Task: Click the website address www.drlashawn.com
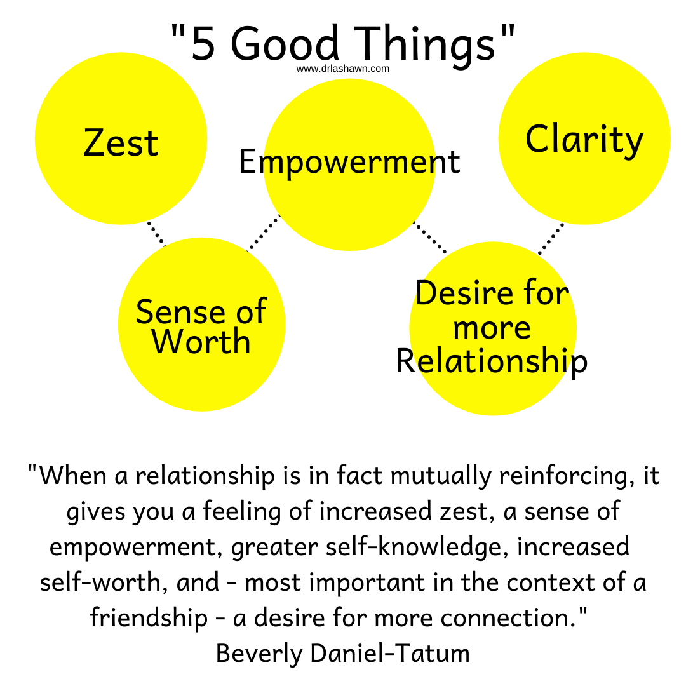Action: [x=342, y=69]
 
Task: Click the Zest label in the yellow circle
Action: [x=121, y=142]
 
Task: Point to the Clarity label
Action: [x=584, y=140]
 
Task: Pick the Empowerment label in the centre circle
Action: [x=349, y=163]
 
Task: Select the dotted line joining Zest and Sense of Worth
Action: [x=156, y=233]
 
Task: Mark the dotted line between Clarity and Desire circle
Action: [x=551, y=239]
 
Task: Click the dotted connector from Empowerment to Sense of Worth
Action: [x=264, y=232]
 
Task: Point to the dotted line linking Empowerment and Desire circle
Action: [x=430, y=237]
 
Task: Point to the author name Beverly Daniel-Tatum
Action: [x=342, y=653]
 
